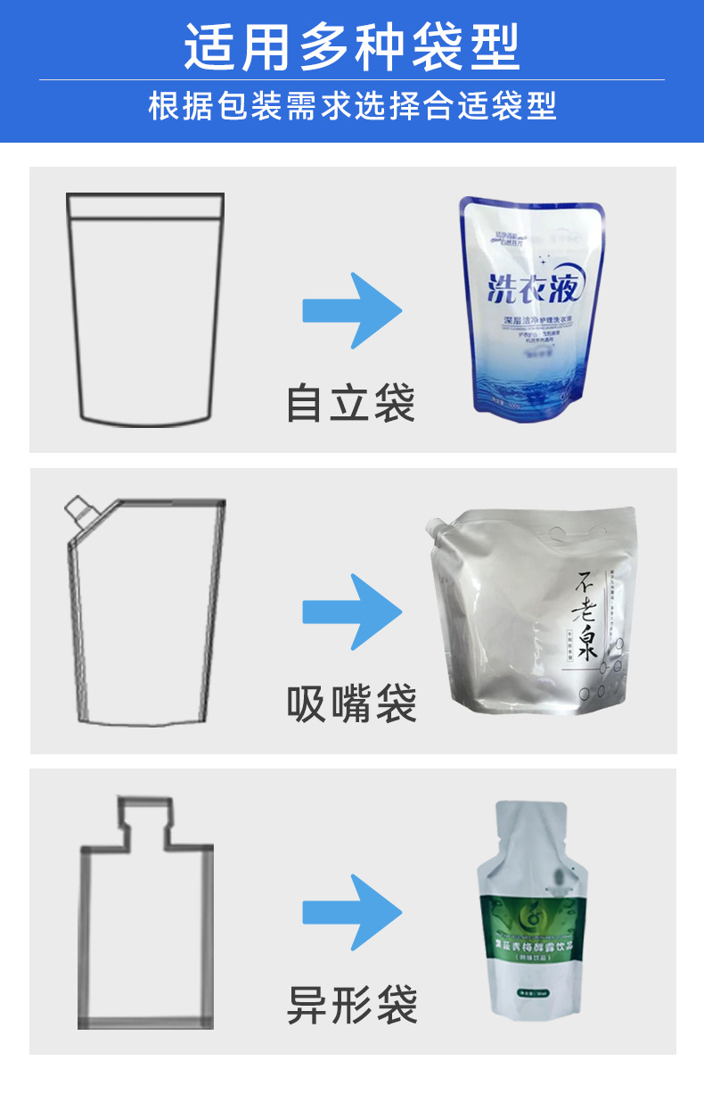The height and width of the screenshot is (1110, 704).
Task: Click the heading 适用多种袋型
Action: tap(352, 46)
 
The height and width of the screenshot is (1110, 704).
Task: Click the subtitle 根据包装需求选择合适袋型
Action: tap(352, 106)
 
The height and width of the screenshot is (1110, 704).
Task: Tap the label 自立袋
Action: tap(351, 403)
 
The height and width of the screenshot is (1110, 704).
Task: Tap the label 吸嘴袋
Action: tap(351, 703)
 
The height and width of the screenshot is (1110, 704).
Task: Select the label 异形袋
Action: tap(351, 1004)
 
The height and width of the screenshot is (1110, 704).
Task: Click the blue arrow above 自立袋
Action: tap(352, 310)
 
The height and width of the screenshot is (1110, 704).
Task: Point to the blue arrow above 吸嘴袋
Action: tap(352, 612)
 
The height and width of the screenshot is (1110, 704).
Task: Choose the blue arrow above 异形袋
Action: tap(352, 911)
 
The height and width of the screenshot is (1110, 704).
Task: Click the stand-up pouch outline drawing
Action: tap(145, 308)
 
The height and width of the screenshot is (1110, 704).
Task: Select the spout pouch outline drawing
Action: tap(145, 615)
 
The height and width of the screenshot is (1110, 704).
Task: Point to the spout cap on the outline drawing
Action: tap(78, 511)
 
